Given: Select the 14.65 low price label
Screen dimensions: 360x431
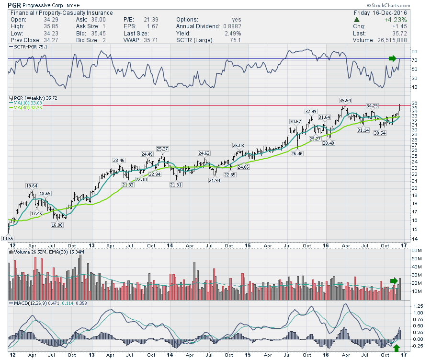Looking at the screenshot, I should pos(7,238).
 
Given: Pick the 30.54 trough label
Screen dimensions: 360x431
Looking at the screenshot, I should pos(380,132).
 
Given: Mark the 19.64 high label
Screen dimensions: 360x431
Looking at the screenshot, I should pos(32,186).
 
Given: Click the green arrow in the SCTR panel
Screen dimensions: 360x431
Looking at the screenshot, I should pos(393,58).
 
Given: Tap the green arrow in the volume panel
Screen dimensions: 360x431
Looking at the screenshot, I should pos(394,280).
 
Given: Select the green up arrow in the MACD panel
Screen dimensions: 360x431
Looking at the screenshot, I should pos(397,347).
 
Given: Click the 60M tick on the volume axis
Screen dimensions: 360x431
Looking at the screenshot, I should pos(416,251).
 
